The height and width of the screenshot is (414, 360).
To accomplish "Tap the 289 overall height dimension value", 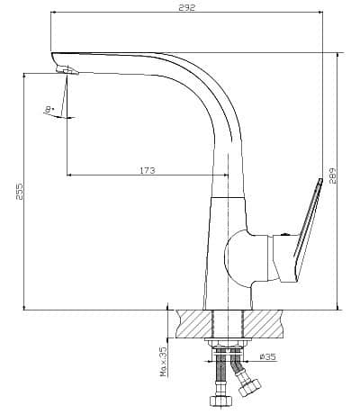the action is [333, 175].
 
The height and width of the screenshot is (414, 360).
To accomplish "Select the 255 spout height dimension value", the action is [19, 191].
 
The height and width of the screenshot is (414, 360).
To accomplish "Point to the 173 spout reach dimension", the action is [148, 170].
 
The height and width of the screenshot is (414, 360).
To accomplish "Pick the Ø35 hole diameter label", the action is [267, 356].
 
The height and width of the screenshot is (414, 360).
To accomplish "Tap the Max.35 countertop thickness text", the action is [164, 361].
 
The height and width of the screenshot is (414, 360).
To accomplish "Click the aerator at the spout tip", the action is [67, 70].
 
